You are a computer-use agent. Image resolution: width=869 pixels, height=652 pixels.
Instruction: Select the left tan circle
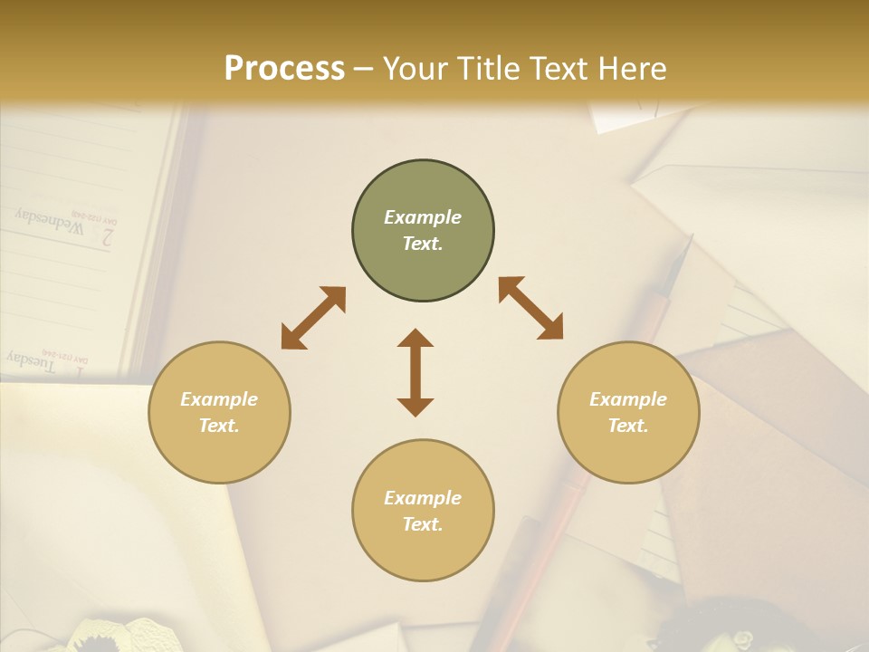click(x=219, y=412)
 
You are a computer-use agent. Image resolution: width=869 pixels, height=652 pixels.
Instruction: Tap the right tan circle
click(x=628, y=412)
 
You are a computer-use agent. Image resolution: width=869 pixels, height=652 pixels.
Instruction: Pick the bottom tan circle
click(x=423, y=511)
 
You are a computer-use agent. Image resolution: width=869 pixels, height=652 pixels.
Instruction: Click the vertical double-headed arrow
click(x=415, y=372)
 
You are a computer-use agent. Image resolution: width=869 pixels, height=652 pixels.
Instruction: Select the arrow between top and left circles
click(x=313, y=318)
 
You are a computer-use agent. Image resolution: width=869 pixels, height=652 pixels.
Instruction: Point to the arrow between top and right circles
click(x=531, y=308)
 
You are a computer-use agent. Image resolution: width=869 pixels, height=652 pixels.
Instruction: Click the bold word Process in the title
click(x=284, y=68)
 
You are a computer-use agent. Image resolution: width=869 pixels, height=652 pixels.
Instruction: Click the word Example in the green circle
click(x=423, y=217)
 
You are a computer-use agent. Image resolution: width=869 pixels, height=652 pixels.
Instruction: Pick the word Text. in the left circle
click(x=219, y=426)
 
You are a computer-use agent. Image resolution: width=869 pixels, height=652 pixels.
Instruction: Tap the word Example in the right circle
click(x=628, y=399)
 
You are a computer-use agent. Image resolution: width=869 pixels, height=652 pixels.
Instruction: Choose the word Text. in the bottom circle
click(x=423, y=524)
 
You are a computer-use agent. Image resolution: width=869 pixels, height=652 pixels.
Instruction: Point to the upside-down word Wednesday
click(x=49, y=220)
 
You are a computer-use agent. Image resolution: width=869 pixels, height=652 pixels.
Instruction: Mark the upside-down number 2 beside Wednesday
click(x=107, y=238)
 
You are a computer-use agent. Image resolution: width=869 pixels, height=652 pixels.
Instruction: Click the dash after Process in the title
click(x=364, y=68)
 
